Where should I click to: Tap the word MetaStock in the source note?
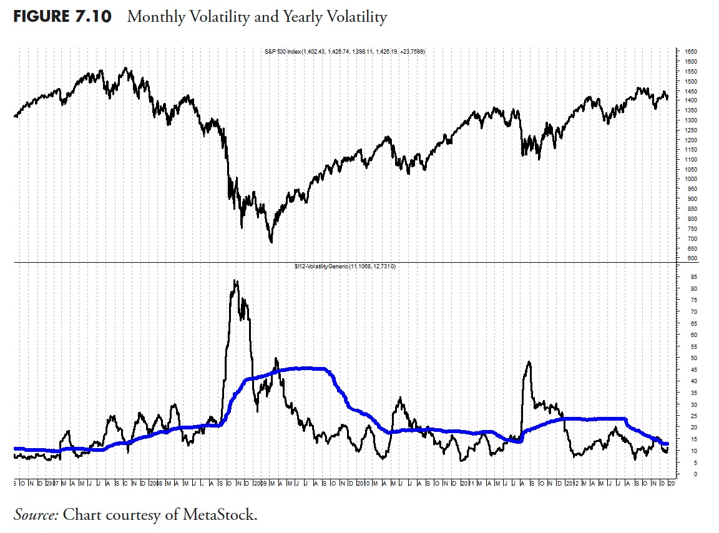[219, 515]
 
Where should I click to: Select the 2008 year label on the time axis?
[156, 484]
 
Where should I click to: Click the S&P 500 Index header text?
[345, 52]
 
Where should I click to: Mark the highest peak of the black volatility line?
[235, 281]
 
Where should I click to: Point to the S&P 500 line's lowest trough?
[271, 242]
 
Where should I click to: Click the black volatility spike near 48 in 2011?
[529, 362]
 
